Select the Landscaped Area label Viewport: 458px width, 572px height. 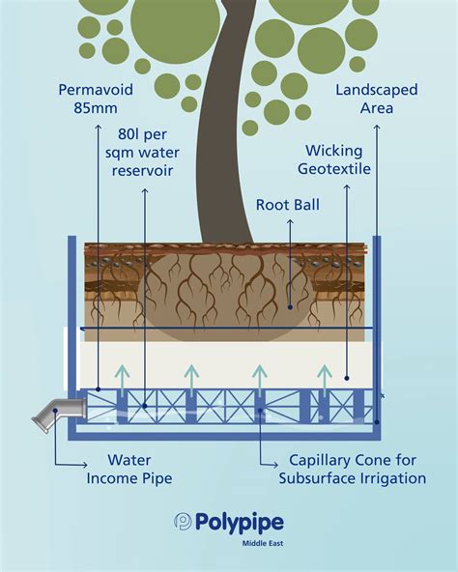376,99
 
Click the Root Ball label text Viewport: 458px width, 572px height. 288,205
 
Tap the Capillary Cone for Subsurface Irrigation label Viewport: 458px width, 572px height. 352,469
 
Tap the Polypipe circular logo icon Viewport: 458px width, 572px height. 184,522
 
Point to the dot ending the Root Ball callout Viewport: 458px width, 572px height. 289,307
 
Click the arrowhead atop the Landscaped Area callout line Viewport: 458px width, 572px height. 377,125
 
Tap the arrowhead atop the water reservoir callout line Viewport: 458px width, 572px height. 145,190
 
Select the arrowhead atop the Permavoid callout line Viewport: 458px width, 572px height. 99,124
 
